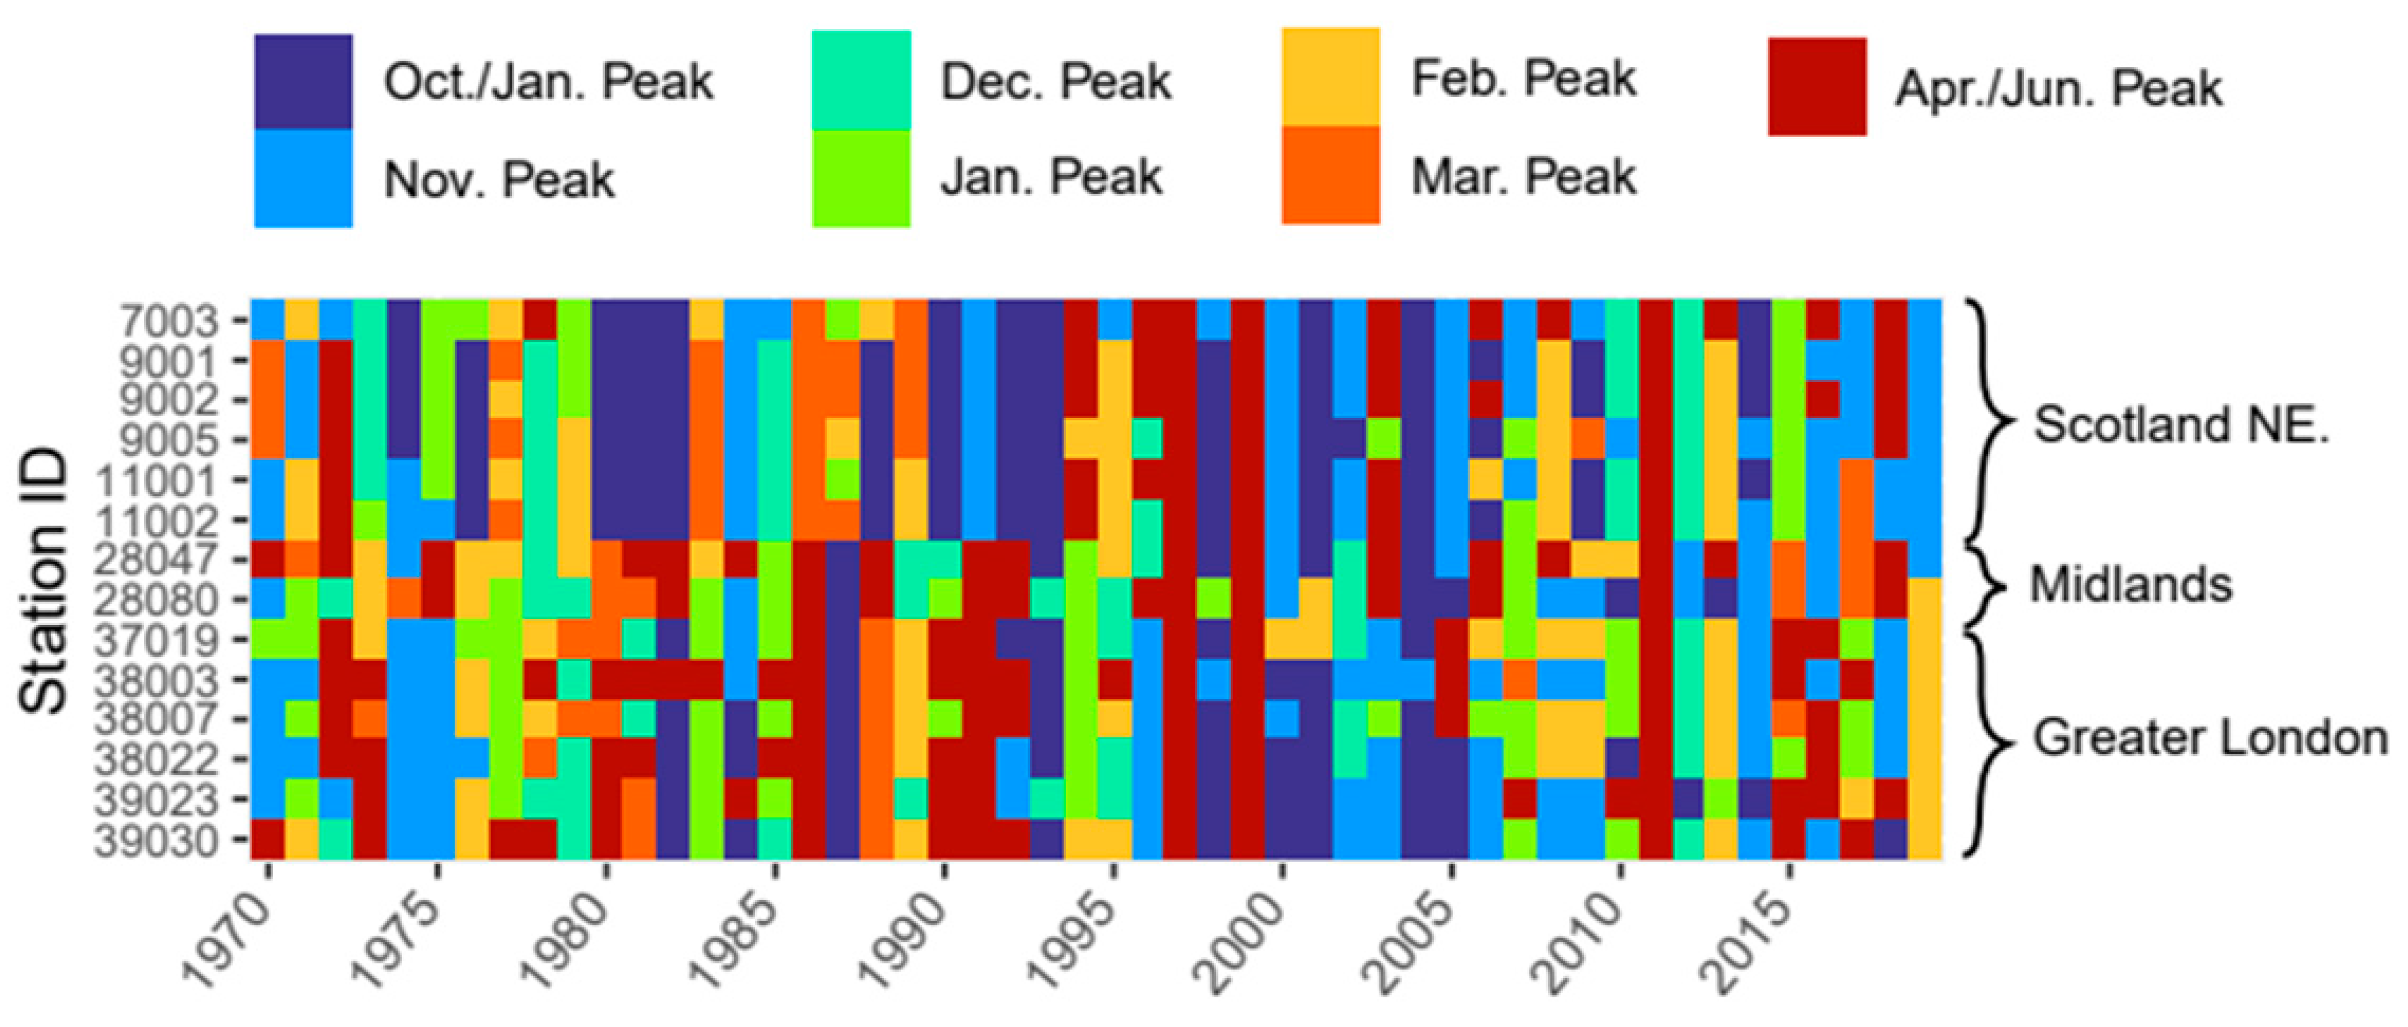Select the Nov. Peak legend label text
[x=499, y=179]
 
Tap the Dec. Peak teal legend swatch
[x=861, y=81]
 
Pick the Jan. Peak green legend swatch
[x=861, y=177]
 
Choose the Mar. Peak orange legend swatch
[x=1330, y=176]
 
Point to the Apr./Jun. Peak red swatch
[x=1816, y=87]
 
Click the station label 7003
[x=169, y=321]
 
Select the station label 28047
[x=157, y=561]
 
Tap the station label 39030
[x=157, y=841]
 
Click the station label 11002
[x=157, y=520]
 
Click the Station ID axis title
[x=44, y=579]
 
